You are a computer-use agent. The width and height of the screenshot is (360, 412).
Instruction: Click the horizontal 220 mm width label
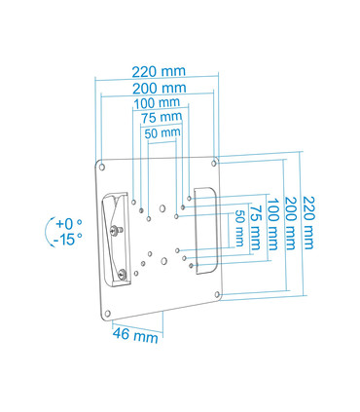coord(158,71)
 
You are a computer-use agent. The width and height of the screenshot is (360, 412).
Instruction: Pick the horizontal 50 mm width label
coord(162,131)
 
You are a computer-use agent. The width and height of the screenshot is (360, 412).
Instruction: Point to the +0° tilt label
coord(68,223)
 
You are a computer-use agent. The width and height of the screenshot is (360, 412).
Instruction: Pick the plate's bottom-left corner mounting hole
coord(107,313)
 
